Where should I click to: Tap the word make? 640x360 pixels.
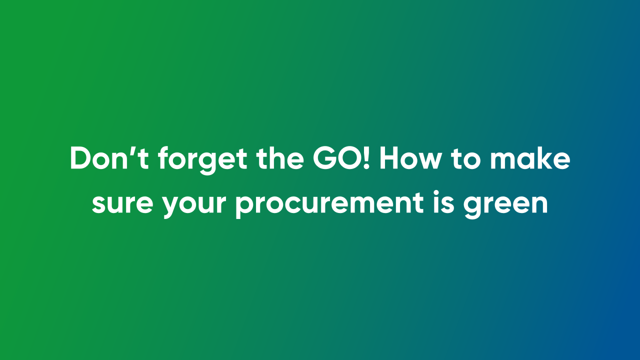pyautogui.click(x=530, y=159)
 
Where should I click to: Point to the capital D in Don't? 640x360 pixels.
pyautogui.click(x=80, y=159)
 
